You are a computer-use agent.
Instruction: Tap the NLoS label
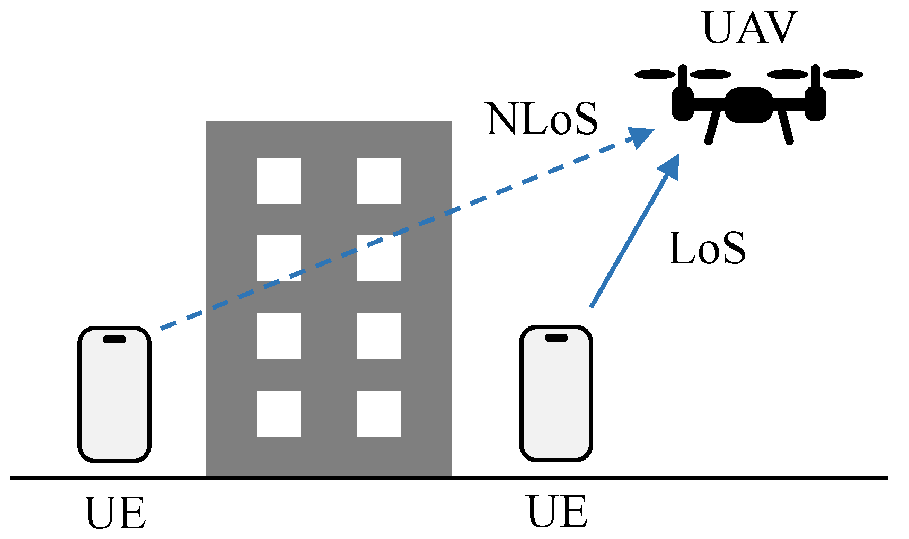(x=541, y=119)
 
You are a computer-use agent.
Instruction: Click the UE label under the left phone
(x=115, y=514)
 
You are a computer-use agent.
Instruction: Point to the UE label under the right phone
(x=558, y=512)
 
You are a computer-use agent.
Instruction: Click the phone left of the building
(x=114, y=395)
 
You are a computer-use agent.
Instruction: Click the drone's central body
(x=748, y=104)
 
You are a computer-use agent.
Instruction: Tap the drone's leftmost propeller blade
(x=655, y=75)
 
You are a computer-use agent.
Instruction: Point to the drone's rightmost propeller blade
(x=843, y=75)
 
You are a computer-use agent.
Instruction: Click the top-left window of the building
(x=278, y=181)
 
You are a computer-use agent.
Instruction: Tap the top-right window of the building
(x=378, y=181)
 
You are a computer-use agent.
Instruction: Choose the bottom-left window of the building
(x=278, y=414)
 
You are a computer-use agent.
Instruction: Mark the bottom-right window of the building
(x=378, y=414)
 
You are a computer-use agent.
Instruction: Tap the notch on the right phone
(x=556, y=338)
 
